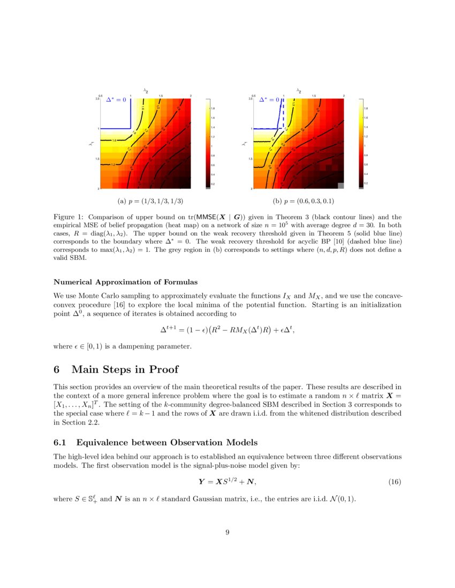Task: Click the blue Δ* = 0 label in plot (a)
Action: [116, 99]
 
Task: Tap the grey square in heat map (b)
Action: [340, 185]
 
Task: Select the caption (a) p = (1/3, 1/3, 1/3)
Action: [150, 201]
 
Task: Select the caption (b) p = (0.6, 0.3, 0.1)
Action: [304, 201]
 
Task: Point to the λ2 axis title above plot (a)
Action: [146, 90]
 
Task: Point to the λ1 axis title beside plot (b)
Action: [244, 143]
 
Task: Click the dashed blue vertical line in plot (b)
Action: [283, 115]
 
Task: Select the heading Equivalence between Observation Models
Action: [167, 442]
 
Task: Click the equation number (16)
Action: [395, 482]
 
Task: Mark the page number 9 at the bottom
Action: [227, 531]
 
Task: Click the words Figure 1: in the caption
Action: [69, 218]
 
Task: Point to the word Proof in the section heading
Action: [161, 369]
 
